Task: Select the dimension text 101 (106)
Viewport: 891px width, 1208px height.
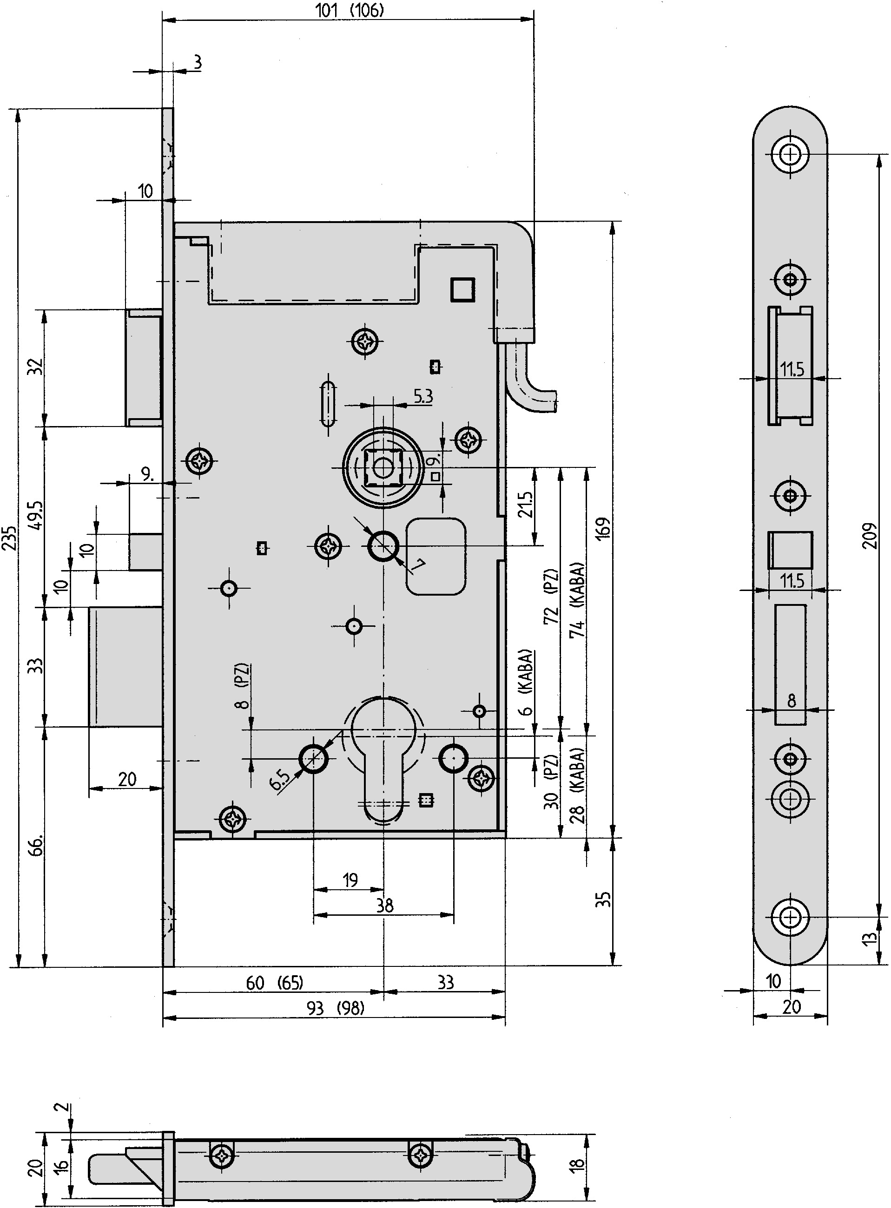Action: coord(350,10)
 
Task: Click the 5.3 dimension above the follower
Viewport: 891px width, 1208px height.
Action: coord(423,396)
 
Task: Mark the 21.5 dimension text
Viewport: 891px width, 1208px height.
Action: coord(525,504)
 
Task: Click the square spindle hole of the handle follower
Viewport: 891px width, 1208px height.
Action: coord(383,468)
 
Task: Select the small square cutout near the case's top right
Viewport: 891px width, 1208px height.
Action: coord(463,289)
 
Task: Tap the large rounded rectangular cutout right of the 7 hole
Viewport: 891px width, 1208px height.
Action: coord(436,556)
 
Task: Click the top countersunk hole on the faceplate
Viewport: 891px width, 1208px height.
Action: coord(791,155)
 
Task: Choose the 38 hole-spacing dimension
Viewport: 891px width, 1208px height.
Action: coord(384,905)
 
